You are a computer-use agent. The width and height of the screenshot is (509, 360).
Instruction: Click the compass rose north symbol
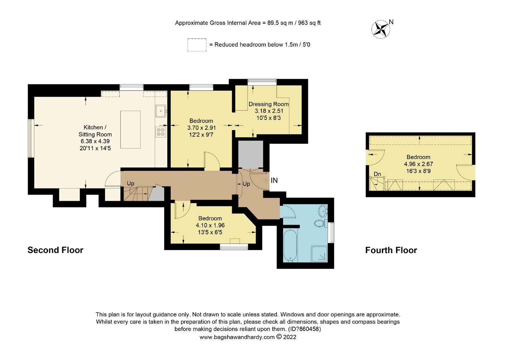tap(381, 29)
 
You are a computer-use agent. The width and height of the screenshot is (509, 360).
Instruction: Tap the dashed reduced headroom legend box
tap(197, 45)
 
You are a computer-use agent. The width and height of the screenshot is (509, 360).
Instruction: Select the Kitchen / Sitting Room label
tap(95, 131)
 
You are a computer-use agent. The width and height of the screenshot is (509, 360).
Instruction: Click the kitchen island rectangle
tap(130, 130)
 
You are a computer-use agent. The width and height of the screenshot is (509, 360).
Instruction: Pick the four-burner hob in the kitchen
tap(161, 132)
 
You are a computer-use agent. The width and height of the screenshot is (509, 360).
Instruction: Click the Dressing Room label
tap(268, 104)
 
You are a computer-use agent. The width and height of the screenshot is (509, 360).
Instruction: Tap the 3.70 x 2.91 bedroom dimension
tap(201, 128)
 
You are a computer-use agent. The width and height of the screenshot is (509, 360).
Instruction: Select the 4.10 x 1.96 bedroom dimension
tap(210, 225)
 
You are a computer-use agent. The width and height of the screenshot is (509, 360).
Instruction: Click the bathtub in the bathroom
tap(289, 245)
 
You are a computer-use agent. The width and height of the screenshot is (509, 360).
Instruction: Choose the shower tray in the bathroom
tap(319, 254)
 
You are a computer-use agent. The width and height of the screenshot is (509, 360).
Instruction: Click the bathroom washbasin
tap(323, 211)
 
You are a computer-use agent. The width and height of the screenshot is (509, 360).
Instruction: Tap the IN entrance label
tap(274, 181)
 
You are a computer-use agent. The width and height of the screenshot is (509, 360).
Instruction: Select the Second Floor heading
tap(55, 250)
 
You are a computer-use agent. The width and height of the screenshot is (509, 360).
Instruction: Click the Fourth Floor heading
tap(391, 250)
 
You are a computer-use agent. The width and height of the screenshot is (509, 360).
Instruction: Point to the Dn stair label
tap(377, 174)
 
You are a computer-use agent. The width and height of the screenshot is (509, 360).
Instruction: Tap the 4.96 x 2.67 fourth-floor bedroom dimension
tap(418, 164)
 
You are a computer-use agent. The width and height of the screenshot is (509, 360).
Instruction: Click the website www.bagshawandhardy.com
tap(237, 337)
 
